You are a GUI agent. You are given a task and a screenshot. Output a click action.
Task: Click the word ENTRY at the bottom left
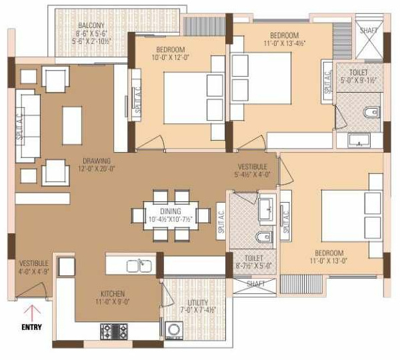click(x=31, y=327)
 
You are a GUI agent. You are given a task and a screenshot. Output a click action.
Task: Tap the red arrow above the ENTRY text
click(x=31, y=311)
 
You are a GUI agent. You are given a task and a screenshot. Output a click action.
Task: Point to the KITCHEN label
click(x=109, y=293)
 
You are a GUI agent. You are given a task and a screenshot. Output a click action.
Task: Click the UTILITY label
click(x=197, y=302)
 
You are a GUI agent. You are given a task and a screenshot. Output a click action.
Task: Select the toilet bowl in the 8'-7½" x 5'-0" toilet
click(x=265, y=237)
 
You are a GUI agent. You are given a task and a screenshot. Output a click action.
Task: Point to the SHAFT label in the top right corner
click(x=368, y=30)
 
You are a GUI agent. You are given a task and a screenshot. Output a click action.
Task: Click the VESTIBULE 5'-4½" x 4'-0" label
click(x=253, y=166)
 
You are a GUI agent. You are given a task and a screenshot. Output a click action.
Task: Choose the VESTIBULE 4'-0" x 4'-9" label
click(x=33, y=263)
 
